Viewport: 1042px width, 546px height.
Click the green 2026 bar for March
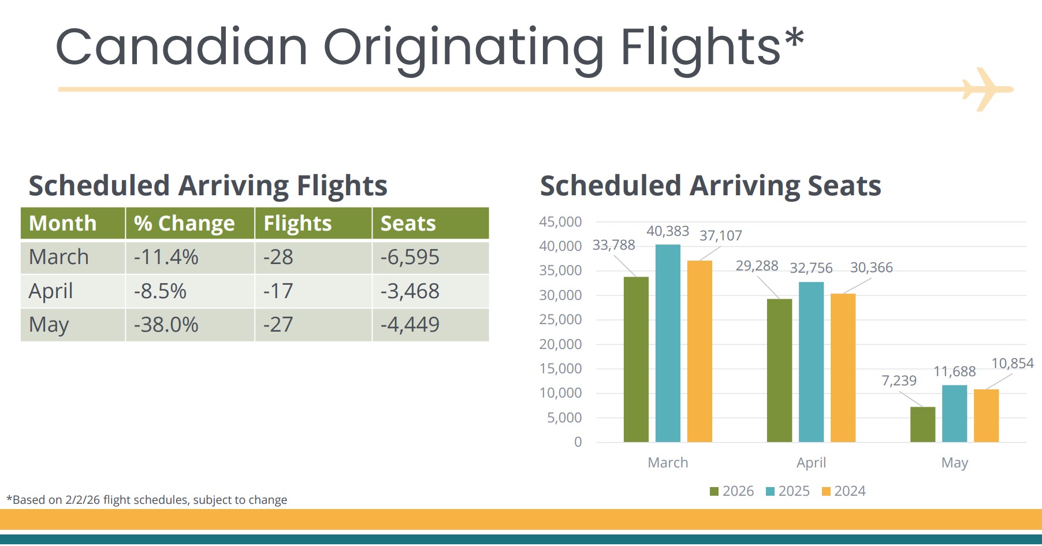(636, 359)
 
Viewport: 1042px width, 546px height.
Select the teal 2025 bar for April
(811, 362)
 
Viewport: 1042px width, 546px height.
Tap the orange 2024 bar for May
(986, 416)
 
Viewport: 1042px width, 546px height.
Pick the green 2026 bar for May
(922, 425)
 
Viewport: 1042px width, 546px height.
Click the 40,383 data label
(668, 231)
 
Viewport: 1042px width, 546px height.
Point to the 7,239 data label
(899, 381)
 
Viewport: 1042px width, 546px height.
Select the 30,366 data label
(871, 268)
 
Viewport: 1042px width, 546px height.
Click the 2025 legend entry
(788, 491)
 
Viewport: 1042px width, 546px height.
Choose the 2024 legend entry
(844, 491)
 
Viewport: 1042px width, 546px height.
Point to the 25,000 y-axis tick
(560, 320)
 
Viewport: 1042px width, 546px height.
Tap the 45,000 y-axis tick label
(560, 222)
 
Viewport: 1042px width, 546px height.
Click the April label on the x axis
(811, 463)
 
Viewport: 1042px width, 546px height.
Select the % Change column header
(184, 224)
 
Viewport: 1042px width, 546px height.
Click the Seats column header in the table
(408, 224)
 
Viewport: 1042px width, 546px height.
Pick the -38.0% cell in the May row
(166, 325)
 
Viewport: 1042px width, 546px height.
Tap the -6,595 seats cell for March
(410, 257)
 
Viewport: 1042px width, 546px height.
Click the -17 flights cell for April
(278, 291)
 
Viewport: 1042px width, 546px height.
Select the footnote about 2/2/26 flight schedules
(147, 500)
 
